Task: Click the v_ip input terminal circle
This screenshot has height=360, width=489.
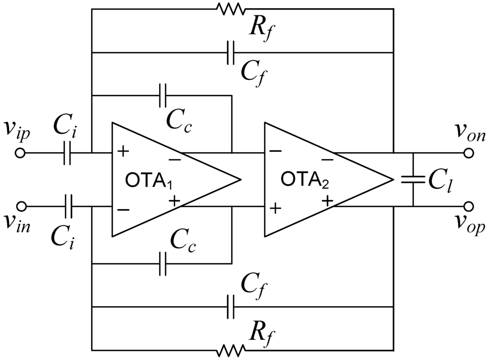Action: (x=20, y=153)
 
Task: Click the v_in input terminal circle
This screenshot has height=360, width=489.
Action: (x=20, y=206)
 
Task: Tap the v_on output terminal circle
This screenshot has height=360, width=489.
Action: (x=469, y=153)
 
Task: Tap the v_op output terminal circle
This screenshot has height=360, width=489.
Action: (x=469, y=206)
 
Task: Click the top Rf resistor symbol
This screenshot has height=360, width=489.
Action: (x=231, y=9)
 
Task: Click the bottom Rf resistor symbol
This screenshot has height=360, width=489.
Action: (x=231, y=351)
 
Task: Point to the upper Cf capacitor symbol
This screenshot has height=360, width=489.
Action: (x=231, y=53)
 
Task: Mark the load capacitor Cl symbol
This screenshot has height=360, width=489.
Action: (x=413, y=180)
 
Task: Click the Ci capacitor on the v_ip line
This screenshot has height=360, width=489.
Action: (x=67, y=153)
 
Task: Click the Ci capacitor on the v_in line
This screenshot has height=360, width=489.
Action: (x=67, y=206)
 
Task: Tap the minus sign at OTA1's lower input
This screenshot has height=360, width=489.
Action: (x=123, y=209)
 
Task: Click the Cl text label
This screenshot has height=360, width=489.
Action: (x=439, y=181)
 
